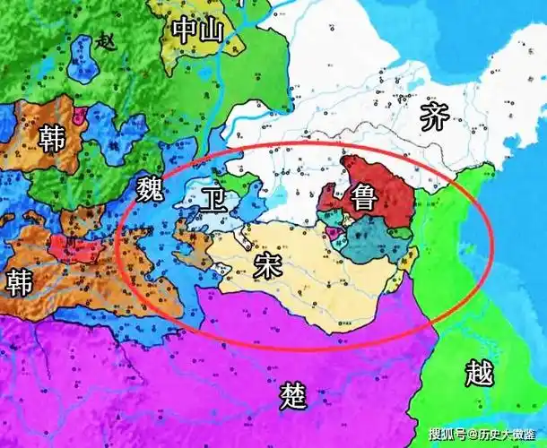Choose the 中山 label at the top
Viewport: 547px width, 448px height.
196,30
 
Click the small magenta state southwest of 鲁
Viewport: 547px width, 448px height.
334,234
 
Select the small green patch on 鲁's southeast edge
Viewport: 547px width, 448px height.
402,235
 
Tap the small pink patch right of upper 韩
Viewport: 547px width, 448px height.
81,116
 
